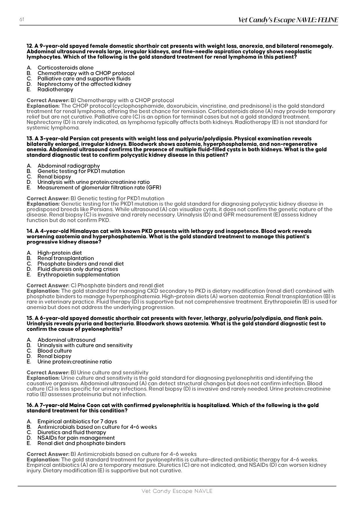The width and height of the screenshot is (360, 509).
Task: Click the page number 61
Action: click(21, 19)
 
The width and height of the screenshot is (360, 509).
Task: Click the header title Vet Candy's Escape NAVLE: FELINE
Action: click(288, 20)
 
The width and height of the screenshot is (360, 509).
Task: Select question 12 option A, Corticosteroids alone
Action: click(65, 68)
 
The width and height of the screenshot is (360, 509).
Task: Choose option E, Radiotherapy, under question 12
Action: click(55, 89)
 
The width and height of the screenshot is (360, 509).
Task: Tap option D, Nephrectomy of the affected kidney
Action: click(84, 84)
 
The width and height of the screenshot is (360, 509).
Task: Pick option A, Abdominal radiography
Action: click(69, 166)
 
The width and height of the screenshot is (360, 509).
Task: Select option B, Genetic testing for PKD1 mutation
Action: click(81, 171)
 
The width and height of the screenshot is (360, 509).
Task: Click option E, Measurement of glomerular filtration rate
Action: click(99, 187)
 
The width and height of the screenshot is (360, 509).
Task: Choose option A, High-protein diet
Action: click(60, 253)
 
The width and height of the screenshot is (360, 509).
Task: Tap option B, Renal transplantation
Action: click(66, 258)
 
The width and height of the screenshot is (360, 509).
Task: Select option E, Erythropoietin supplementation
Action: click(78, 275)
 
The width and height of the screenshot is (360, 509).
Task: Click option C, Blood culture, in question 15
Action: click(55, 351)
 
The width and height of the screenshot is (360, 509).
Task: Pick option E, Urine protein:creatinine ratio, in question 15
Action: click(74, 362)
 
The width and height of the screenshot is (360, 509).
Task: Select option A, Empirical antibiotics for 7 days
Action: click(77, 421)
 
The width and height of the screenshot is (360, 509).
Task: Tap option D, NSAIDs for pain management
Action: click(76, 438)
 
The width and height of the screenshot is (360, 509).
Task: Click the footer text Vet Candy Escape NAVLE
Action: click(177, 491)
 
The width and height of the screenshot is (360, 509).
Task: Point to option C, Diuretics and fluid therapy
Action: click(72, 432)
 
